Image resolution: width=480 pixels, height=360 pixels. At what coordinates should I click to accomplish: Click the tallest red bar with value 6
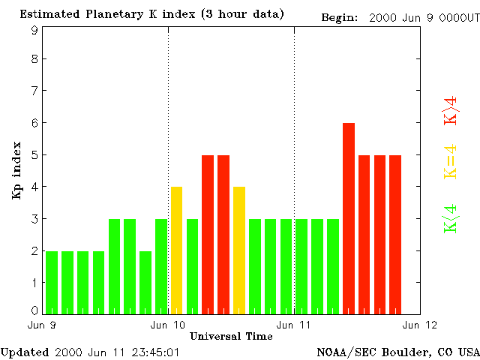(349, 217)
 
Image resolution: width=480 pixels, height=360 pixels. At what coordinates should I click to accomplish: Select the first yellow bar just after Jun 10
(177, 250)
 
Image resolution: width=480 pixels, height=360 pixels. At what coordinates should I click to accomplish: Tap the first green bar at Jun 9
(52, 282)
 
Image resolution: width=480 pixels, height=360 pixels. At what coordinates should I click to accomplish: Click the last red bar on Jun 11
(395, 234)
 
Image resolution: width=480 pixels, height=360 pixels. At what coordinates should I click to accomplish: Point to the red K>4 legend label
(451, 110)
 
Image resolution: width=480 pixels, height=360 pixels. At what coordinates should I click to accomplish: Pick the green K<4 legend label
(451, 218)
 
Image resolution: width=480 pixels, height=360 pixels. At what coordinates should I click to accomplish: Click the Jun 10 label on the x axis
(168, 324)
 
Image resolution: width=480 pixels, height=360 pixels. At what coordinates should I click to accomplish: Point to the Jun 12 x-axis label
(420, 324)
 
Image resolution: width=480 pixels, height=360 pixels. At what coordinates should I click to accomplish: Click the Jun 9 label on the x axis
(43, 324)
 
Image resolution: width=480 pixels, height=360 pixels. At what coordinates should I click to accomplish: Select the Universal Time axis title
(231, 336)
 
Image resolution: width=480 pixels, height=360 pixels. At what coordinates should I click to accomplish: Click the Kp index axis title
(16, 170)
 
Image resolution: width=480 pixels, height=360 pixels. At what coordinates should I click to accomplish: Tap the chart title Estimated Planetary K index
(151, 14)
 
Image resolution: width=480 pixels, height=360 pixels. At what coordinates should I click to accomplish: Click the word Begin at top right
(339, 16)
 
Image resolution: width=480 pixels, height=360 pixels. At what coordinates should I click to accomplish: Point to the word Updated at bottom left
(24, 352)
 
